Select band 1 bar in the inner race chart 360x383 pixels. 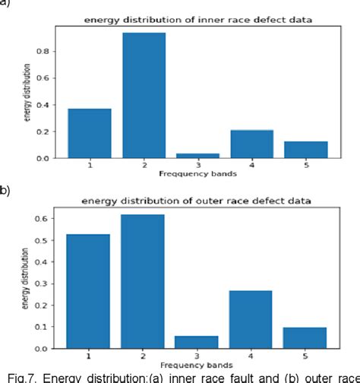click(x=90, y=133)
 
